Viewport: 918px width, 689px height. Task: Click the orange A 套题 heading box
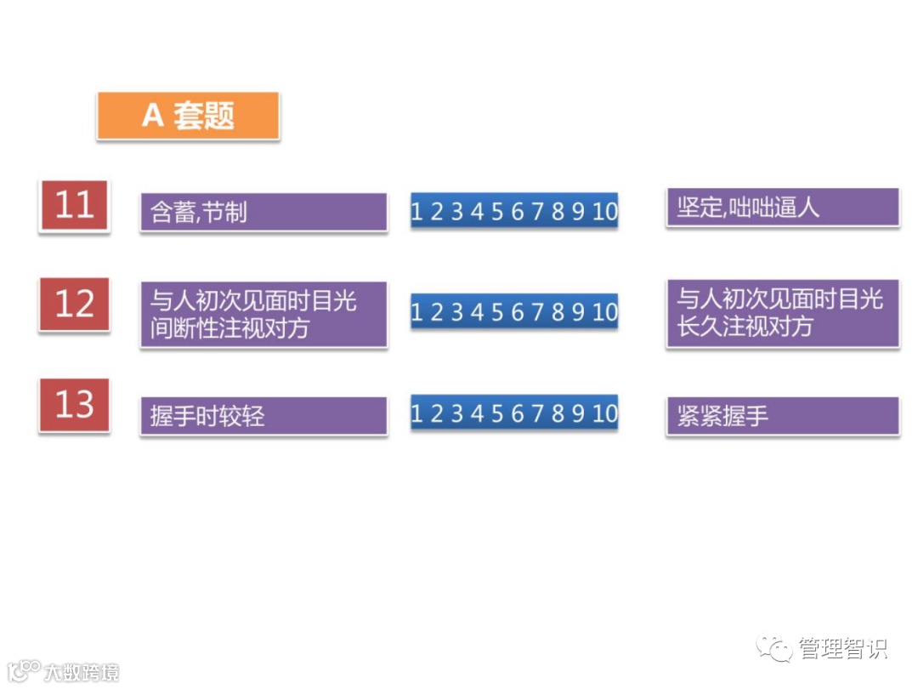[188, 116]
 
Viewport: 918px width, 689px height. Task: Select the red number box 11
[74, 206]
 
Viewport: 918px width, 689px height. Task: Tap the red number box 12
[74, 305]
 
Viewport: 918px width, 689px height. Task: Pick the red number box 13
[74, 405]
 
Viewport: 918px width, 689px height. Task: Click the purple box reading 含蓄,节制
[263, 212]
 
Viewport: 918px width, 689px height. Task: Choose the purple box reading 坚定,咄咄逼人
[782, 208]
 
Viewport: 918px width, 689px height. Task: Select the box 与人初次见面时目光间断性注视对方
[263, 314]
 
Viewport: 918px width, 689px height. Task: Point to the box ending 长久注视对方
[782, 313]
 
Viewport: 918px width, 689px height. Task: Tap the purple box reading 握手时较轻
[263, 415]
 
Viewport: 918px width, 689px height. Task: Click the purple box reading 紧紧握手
[782, 415]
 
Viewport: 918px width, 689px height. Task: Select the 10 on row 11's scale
[604, 212]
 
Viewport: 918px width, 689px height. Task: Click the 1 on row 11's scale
[416, 212]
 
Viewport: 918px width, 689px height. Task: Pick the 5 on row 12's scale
[496, 313]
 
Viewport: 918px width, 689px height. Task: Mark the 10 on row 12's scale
[604, 313]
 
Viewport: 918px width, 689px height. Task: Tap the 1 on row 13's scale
[416, 414]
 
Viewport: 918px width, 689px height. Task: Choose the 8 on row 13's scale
[558, 414]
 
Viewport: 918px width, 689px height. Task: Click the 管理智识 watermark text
[842, 649]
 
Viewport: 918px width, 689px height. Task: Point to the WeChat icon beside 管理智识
[775, 649]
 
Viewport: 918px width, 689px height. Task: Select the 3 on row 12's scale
[456, 313]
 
